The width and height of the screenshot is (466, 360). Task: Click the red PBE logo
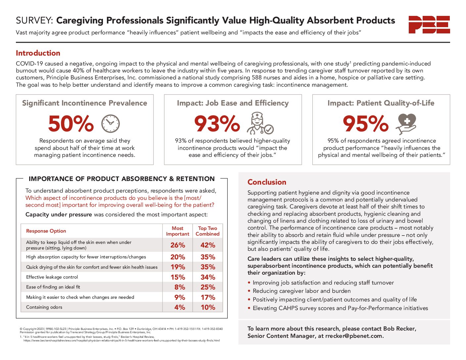(429, 24)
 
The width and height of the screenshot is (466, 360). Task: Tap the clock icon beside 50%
(110, 124)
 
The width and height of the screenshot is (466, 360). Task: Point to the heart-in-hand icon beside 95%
(406, 123)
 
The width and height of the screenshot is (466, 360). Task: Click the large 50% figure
(71, 124)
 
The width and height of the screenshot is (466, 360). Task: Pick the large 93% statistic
(217, 124)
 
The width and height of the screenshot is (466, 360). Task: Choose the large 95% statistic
(365, 124)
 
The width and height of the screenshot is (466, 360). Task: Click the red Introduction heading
(38, 53)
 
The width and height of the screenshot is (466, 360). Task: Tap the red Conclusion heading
(267, 182)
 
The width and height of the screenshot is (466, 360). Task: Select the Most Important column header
(177, 231)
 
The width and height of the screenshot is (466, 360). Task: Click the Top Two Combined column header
(208, 231)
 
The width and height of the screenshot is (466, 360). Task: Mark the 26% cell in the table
(178, 245)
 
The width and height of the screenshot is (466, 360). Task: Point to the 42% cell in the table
(208, 245)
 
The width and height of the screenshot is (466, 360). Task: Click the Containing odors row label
(44, 307)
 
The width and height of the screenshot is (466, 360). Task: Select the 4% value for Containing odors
(180, 307)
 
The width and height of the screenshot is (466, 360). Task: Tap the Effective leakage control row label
(52, 277)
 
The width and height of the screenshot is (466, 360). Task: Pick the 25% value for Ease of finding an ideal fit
(208, 287)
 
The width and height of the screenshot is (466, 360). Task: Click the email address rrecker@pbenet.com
(354, 336)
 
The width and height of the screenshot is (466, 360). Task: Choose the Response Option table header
(46, 231)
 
